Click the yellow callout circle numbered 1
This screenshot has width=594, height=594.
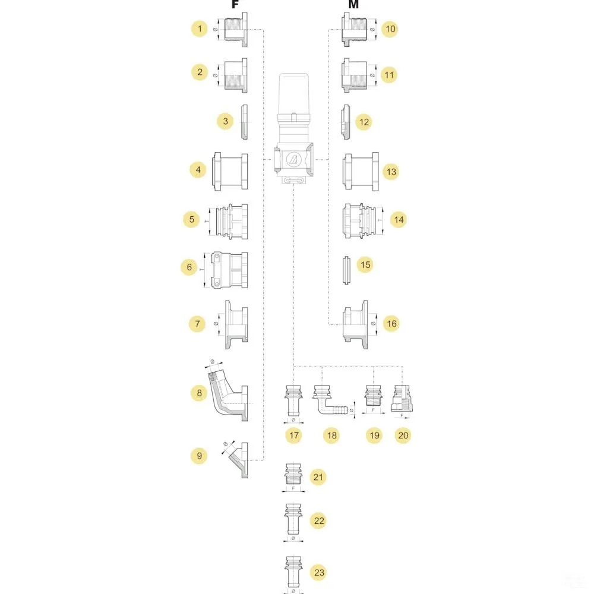coord(200,29)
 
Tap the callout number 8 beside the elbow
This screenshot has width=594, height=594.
coord(200,393)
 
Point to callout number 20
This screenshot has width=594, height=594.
coord(404,435)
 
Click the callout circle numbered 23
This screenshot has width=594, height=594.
coord(320,573)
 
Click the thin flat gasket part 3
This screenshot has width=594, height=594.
coord(244,122)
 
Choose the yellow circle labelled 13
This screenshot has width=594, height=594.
coord(391,172)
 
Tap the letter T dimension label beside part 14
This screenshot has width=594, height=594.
coord(380,219)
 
